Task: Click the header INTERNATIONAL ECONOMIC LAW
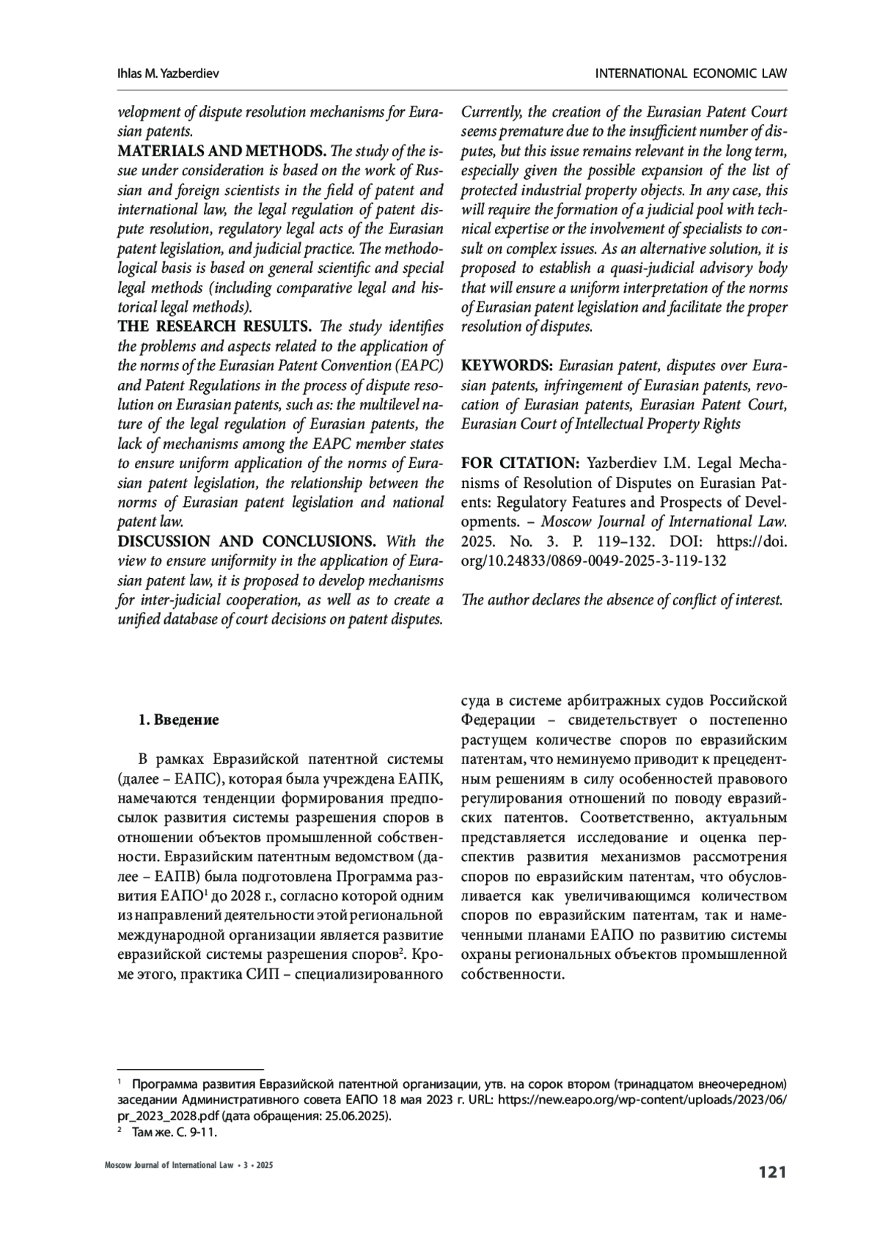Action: (691, 74)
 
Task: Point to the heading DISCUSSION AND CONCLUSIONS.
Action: (246, 541)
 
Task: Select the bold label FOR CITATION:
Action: (520, 464)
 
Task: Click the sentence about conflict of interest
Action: (622, 600)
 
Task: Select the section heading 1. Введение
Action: (178, 720)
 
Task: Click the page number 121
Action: (772, 1172)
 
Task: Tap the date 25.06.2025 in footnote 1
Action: (361, 1117)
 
